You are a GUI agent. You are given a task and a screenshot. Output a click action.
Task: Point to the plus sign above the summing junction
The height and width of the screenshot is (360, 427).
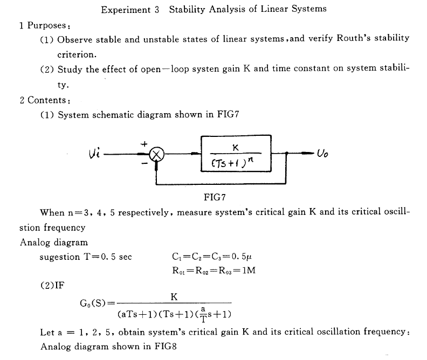144,144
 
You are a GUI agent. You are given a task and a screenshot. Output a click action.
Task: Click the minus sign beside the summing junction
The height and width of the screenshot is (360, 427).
144,163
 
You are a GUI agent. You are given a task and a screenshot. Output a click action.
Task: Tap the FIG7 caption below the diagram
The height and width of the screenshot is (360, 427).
215,197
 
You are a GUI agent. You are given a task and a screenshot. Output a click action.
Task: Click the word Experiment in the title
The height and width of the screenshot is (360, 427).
126,10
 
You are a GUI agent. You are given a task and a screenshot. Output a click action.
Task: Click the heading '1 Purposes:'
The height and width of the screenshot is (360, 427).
45,25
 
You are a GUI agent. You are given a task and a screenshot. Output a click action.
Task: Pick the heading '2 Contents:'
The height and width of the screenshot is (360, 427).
45,100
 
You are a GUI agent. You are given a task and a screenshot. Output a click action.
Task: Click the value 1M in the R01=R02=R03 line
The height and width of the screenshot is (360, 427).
249,270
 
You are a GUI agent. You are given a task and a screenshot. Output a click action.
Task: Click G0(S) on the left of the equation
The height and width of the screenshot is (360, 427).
93,303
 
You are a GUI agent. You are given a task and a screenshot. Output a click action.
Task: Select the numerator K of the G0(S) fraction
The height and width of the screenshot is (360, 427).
174,296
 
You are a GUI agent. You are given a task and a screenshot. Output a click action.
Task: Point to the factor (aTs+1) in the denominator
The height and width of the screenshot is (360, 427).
137,314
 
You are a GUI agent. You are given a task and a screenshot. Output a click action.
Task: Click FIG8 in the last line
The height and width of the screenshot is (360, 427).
166,347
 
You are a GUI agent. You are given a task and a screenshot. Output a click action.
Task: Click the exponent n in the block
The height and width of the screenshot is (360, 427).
251,160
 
